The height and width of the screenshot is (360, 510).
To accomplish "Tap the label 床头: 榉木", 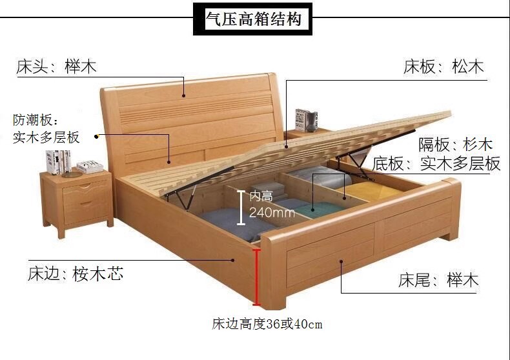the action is coord(61,66).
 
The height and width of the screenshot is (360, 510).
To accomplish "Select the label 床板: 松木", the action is coord(444,66).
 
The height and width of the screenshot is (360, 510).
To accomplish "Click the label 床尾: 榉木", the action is coord(438,281).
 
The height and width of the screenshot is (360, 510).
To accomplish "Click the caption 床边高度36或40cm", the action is coord(267,324).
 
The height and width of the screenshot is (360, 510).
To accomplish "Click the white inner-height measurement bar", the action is coord(241,207).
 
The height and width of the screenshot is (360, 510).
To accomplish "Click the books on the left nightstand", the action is coord(59,161).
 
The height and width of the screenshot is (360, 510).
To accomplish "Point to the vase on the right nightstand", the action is coord(312,119).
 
